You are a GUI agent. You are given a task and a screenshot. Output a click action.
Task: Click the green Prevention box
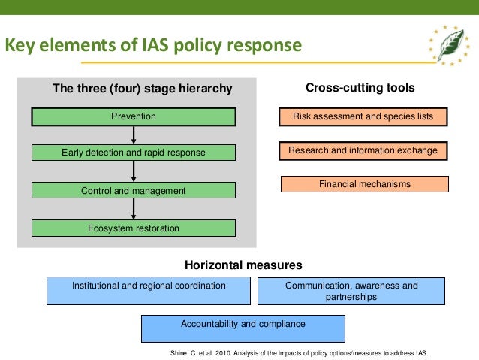point(133,116)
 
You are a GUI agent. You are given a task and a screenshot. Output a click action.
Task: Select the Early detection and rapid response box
point(133,153)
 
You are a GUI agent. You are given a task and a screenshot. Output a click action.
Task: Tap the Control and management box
point(133,191)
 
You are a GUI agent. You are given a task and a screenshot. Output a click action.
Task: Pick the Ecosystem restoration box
point(133,228)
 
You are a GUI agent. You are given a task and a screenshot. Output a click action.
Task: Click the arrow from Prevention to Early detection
point(133,135)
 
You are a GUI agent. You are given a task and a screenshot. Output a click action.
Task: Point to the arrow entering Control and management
point(133,171)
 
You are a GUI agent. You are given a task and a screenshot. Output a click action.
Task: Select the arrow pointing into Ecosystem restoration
point(133,209)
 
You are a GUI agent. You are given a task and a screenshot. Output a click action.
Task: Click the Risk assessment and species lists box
point(363,117)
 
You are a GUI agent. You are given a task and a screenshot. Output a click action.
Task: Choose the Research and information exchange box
point(363,151)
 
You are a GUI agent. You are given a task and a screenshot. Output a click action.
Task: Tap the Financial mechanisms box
point(364,184)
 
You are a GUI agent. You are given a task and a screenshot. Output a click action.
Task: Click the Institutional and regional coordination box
point(149,290)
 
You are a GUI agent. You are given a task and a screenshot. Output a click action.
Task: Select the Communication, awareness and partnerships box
point(351,291)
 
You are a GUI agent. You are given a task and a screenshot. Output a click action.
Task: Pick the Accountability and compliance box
point(243,328)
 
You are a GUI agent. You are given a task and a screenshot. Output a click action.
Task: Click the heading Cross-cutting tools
point(360,88)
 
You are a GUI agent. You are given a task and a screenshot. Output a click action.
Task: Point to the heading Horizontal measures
point(243,265)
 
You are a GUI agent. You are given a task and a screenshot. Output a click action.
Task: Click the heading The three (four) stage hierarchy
point(142,89)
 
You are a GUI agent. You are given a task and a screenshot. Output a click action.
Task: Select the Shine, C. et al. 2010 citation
point(298,352)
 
